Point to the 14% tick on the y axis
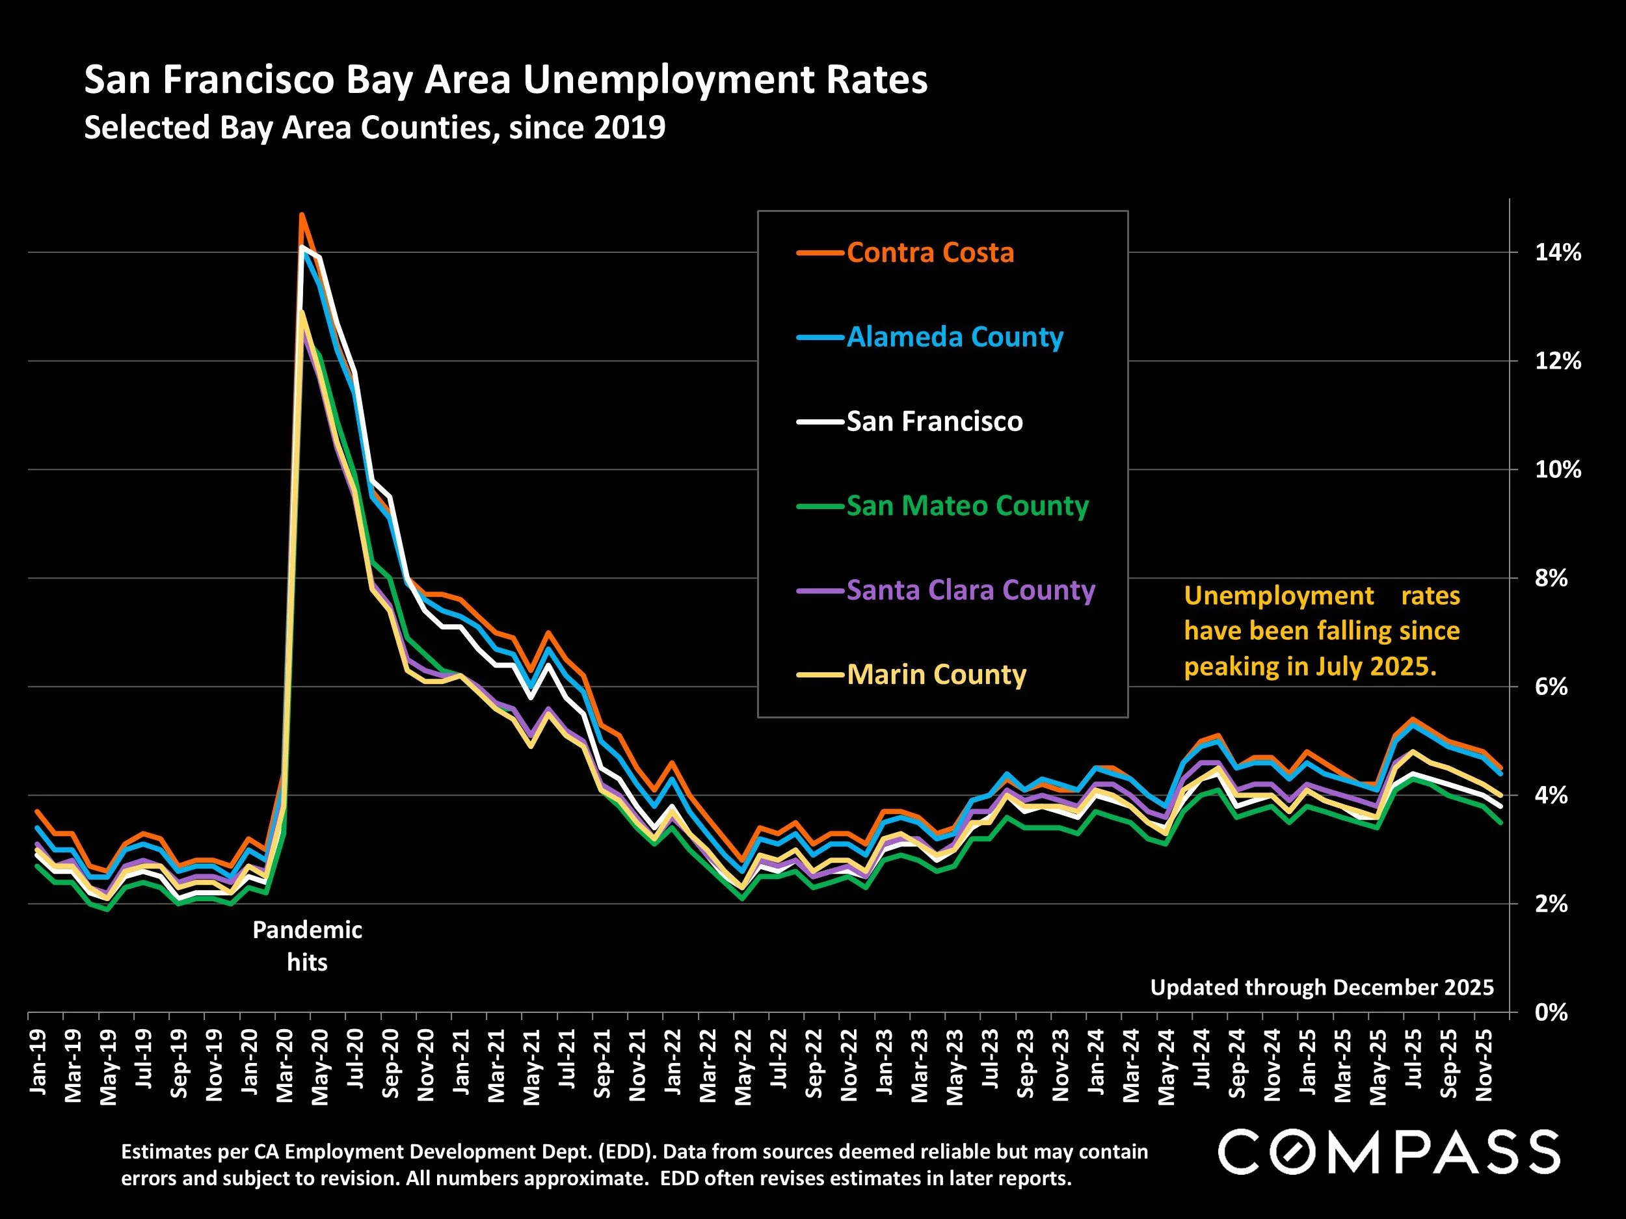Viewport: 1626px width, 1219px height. click(x=1557, y=253)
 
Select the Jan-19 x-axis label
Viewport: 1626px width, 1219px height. click(x=38, y=1062)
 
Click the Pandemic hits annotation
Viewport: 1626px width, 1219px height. click(x=307, y=946)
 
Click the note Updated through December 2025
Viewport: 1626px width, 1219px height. click(x=1322, y=988)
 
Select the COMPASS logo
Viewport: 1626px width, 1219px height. click(x=1389, y=1152)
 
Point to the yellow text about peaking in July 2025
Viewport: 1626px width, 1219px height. click(x=1322, y=631)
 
